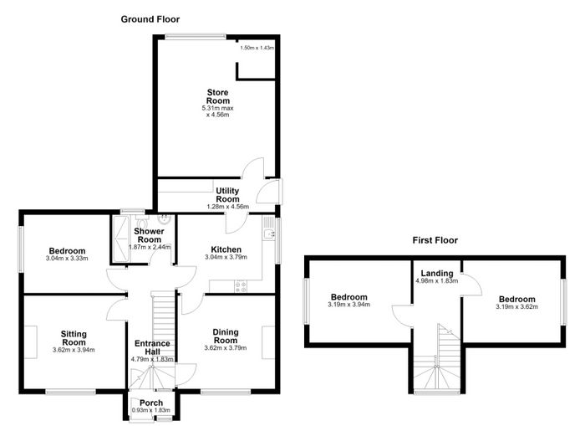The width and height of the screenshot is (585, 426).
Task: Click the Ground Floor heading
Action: (x=150, y=19)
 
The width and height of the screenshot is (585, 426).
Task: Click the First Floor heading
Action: (x=435, y=240)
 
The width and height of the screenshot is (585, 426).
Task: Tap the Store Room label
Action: (x=218, y=96)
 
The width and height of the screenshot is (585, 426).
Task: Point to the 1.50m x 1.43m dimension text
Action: (x=257, y=48)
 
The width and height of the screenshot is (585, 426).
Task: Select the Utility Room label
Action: (x=227, y=195)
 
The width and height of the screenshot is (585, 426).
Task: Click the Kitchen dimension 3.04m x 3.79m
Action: (x=226, y=257)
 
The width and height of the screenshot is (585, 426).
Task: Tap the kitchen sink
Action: (x=268, y=234)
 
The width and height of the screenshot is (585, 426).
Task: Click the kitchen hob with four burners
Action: (x=241, y=286)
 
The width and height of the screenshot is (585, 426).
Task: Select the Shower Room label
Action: (x=149, y=235)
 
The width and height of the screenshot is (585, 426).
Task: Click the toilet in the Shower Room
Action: (x=141, y=220)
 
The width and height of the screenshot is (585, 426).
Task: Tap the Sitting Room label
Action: (x=74, y=338)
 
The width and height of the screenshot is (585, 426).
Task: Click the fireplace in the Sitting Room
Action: (x=31, y=342)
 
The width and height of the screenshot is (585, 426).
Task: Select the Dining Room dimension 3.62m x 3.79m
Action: (x=226, y=348)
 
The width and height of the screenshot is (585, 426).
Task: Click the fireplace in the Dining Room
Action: (x=268, y=342)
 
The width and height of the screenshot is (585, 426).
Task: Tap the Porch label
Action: (x=151, y=403)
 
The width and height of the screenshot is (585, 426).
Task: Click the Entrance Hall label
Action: (x=152, y=347)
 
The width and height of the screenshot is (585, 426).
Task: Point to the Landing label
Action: (x=437, y=274)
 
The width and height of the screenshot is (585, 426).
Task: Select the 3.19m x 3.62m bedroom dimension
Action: (x=516, y=307)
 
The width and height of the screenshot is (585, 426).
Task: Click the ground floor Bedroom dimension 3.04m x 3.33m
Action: (x=67, y=259)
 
